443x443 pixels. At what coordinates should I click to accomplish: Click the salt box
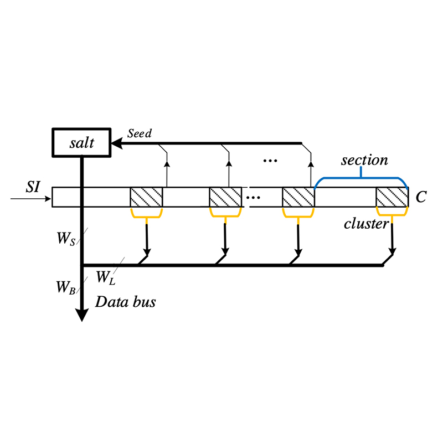click(x=81, y=142)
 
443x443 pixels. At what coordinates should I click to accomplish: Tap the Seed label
click(x=140, y=133)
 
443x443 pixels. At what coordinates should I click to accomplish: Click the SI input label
click(x=33, y=187)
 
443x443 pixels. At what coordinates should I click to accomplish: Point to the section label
click(x=364, y=160)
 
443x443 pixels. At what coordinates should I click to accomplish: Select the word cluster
click(x=367, y=224)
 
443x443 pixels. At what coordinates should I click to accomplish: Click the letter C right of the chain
click(x=421, y=197)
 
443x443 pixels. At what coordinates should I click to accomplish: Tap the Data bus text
click(x=126, y=302)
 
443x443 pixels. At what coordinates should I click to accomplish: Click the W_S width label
click(x=66, y=238)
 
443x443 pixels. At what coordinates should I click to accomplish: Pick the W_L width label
click(x=106, y=277)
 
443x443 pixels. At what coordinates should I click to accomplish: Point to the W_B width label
click(x=66, y=287)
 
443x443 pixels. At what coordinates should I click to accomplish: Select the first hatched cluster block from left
click(x=146, y=197)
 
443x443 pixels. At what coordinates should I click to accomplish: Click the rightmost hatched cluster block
click(x=393, y=197)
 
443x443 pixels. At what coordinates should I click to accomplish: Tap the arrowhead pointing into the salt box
click(x=117, y=143)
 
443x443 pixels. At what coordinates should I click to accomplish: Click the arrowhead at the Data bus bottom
click(x=81, y=315)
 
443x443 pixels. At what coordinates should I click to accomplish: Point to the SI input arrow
click(x=30, y=199)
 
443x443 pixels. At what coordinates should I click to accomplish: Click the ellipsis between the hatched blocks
click(x=253, y=198)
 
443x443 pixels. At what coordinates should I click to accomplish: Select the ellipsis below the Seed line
click(x=270, y=161)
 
